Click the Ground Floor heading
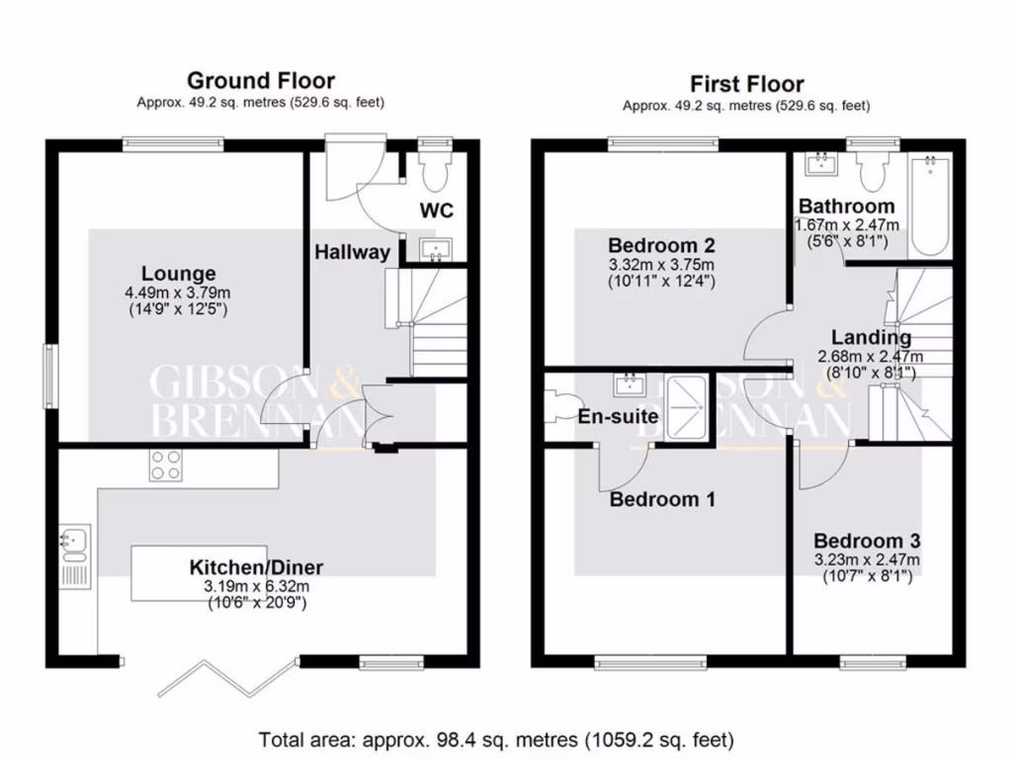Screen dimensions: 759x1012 (x=261, y=81)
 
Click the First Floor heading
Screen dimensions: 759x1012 (x=746, y=84)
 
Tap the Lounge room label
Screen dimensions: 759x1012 (x=178, y=274)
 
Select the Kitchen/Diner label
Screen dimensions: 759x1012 (x=256, y=567)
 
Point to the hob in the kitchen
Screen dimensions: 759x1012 (x=165, y=464)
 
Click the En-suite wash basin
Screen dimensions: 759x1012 (x=627, y=384)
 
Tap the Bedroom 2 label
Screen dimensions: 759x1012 (x=661, y=245)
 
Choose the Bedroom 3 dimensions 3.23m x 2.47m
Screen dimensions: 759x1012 (x=867, y=559)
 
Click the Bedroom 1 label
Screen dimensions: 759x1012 (x=661, y=500)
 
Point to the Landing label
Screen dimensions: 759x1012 (x=871, y=338)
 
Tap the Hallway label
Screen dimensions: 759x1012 (x=352, y=252)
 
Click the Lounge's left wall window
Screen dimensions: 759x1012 (x=50, y=376)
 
